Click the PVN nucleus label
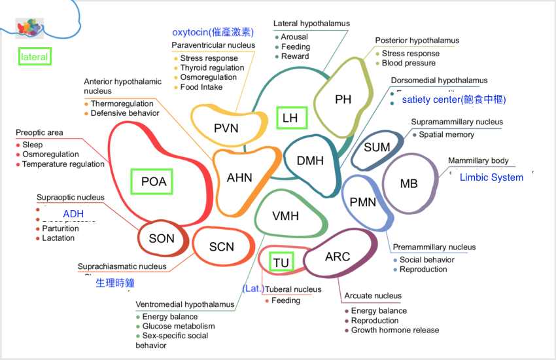(x=226, y=128)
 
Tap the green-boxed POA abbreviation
(x=154, y=182)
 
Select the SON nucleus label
(x=162, y=238)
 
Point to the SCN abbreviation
(x=221, y=247)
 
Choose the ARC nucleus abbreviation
(x=338, y=257)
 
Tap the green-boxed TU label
(x=281, y=262)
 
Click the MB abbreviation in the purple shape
(x=409, y=184)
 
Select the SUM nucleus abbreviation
(x=377, y=147)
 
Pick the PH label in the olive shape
(x=343, y=99)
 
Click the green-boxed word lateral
(x=35, y=57)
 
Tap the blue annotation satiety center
(x=453, y=99)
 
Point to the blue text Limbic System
(x=491, y=177)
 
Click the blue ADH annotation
(x=73, y=214)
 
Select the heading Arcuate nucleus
(x=373, y=296)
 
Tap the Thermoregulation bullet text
(x=122, y=103)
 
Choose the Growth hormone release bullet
(x=395, y=330)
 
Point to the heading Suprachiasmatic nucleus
(x=122, y=266)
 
